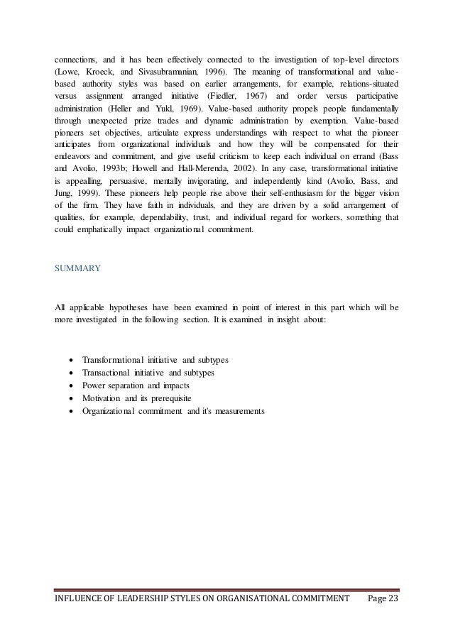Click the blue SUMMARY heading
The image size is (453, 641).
[x=78, y=269]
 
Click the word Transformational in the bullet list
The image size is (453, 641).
[x=116, y=361]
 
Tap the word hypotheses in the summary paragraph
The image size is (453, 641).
[x=131, y=307]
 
